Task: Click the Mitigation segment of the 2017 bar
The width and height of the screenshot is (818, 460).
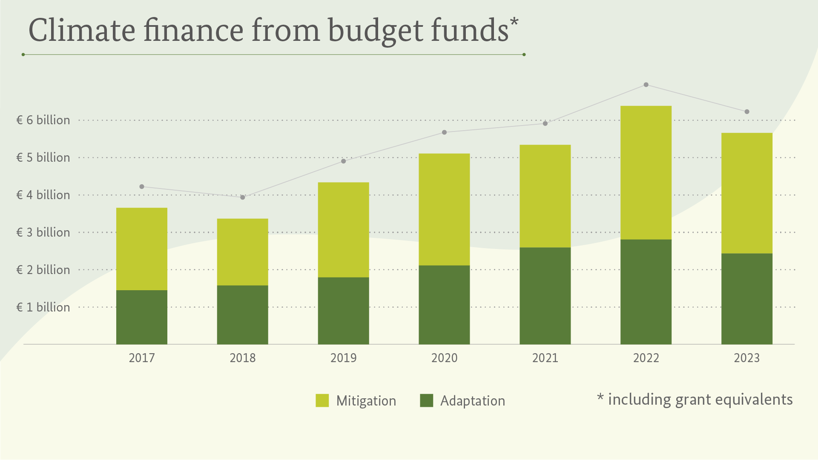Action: pos(142,249)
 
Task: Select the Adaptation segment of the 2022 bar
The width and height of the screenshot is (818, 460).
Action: pos(646,292)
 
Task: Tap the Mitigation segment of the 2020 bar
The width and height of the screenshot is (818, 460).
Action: pos(444,209)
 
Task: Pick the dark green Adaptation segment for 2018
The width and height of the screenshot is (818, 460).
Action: pos(243,315)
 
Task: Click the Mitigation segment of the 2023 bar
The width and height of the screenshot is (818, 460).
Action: pos(746,193)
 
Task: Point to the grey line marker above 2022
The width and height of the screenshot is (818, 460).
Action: pos(646,85)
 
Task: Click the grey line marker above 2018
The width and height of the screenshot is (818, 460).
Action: pos(243,197)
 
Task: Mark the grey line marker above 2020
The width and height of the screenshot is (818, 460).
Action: pos(444,132)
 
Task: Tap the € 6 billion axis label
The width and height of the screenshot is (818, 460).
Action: pos(43,120)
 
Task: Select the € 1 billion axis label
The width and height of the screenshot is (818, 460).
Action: pos(43,307)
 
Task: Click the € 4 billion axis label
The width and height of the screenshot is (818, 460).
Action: pos(43,195)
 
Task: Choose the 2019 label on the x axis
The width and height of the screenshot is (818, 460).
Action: pos(343,358)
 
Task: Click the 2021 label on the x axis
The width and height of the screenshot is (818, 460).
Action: pos(545,358)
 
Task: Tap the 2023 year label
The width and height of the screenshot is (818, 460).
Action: pos(746,358)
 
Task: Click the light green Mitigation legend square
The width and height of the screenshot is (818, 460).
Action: pos(322,401)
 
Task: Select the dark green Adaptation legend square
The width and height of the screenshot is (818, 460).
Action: pos(426,401)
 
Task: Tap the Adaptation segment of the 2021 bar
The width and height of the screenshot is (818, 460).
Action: pos(545,296)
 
